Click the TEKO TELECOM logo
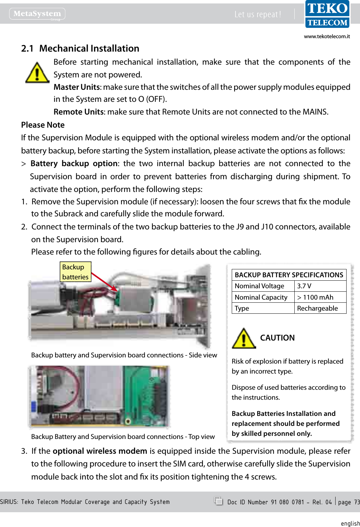[x=327, y=14]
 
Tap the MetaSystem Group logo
[x=37, y=14]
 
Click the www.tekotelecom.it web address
[x=327, y=36]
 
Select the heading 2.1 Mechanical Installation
[x=80, y=49]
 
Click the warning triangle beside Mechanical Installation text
[x=37, y=73]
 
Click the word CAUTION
[x=277, y=338]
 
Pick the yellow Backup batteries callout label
[x=75, y=272]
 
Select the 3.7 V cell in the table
[x=304, y=286]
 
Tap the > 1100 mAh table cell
[x=315, y=297]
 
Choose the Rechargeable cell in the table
[x=317, y=308]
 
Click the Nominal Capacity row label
[x=261, y=297]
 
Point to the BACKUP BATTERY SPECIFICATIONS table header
[x=289, y=275]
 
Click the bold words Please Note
[x=43, y=125]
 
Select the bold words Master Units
[x=76, y=87]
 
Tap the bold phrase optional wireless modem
[x=100, y=451]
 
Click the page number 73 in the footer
[x=357, y=502]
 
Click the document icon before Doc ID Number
[x=218, y=501]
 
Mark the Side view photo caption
[x=124, y=355]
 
